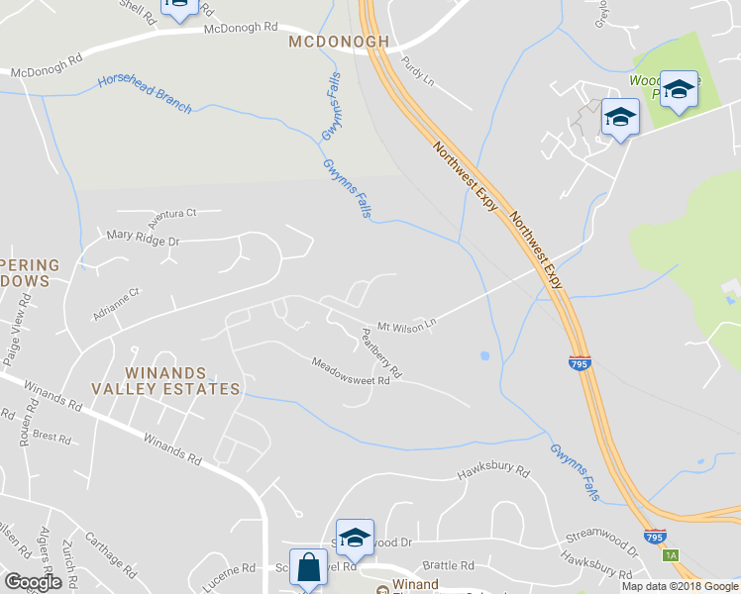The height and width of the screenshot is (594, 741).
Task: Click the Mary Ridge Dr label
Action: pyautogui.click(x=143, y=239)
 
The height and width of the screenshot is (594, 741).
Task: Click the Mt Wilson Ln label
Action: pyautogui.click(x=406, y=325)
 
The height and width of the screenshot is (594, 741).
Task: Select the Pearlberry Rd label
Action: pyautogui.click(x=380, y=357)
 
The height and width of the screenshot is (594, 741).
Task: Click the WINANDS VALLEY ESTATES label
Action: pyautogui.click(x=165, y=381)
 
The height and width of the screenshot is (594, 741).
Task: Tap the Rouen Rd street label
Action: pyautogui.click(x=26, y=429)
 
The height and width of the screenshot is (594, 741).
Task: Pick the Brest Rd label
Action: pyautogui.click(x=52, y=436)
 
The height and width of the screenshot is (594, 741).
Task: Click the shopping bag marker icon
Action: pyautogui.click(x=309, y=568)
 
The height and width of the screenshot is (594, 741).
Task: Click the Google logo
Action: pyautogui.click(x=33, y=582)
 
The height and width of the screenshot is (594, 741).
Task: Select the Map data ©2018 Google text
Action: pyautogui.click(x=680, y=586)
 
